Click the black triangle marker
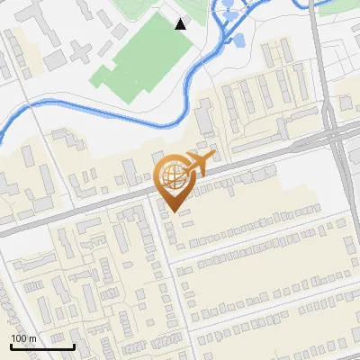pos(181,24)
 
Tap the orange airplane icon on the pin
pos(199,164)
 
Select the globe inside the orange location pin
pos(172,176)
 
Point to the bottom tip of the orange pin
pos(172,212)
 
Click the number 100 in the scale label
pos(19,338)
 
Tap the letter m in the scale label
pos(33,338)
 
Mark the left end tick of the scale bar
pos(11,346)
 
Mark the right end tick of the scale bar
pos(74,346)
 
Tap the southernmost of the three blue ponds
pos(239,39)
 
